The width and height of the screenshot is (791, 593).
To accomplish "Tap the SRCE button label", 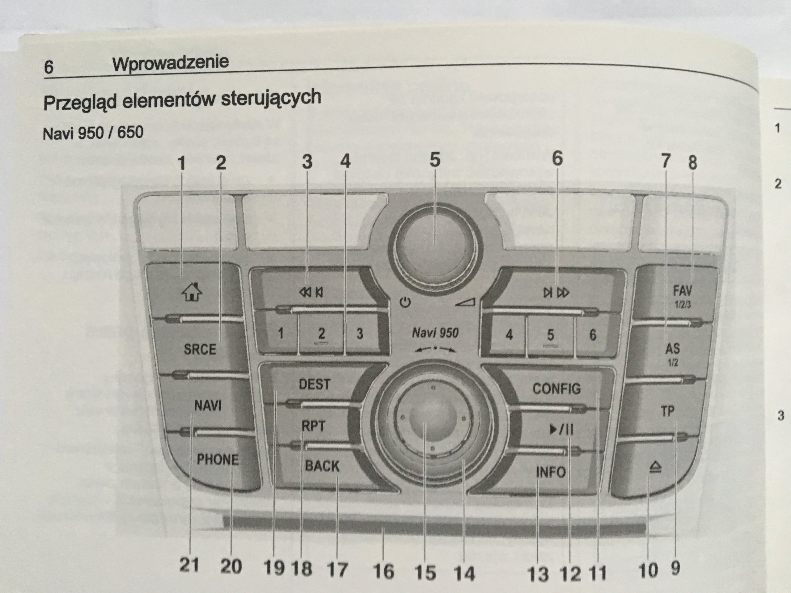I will tap(200, 349).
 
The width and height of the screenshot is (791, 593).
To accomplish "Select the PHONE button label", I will tap(218, 460).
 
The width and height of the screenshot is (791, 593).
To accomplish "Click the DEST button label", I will tap(314, 384).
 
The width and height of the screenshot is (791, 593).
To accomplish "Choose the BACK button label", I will tap(322, 466).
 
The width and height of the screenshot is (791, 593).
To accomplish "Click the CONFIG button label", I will tap(556, 389).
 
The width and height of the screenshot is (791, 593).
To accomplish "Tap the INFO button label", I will tap(550, 473).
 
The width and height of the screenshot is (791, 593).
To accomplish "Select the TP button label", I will tap(667, 411).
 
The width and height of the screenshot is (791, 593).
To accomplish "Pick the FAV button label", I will tap(682, 291).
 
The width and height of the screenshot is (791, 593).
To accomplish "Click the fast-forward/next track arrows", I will tap(556, 293).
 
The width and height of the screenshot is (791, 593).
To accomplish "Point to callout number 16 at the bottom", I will tap(383, 571).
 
